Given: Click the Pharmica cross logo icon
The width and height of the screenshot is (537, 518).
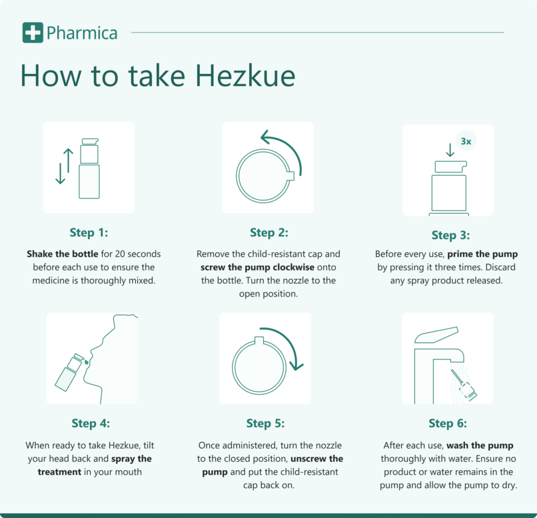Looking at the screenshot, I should pos(32,32).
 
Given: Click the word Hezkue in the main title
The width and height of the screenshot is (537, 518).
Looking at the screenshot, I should pos(245,76).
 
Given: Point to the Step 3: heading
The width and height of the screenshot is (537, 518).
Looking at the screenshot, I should pos(450,235).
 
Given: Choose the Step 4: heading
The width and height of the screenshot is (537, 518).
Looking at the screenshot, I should pos(91,423).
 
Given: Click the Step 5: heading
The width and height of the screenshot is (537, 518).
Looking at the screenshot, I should pos(265,423).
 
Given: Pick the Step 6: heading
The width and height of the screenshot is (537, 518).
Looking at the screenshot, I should pos(448,423).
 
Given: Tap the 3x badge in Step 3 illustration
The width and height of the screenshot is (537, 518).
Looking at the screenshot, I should pos(466,141).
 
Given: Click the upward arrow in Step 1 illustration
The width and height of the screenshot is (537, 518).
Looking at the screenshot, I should pos(67,158).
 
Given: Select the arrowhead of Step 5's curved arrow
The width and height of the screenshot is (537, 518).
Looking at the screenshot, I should pos(296,366).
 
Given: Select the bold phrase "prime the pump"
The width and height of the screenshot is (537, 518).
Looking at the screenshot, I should pos(482,254).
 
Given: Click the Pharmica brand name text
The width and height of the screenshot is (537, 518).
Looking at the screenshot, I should pos(82,32).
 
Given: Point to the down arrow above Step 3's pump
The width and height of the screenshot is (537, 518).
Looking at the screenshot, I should pos(450,150).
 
